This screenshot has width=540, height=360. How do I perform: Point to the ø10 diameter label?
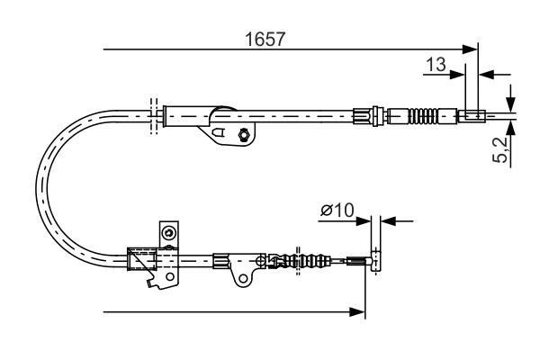[x=337, y=211]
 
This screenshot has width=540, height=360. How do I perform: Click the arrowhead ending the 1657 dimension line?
[x=470, y=49]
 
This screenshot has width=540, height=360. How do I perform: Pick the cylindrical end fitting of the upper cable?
[x=472, y=115]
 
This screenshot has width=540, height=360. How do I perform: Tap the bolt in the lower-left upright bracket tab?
[x=168, y=234]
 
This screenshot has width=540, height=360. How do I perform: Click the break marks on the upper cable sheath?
[x=155, y=114]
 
